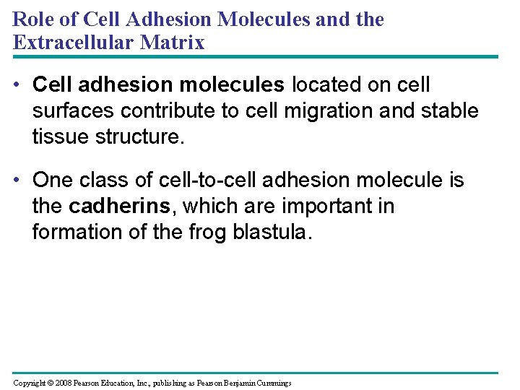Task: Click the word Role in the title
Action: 30,19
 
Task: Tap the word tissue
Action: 62,137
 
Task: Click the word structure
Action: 142,137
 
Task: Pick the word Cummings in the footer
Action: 272,383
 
